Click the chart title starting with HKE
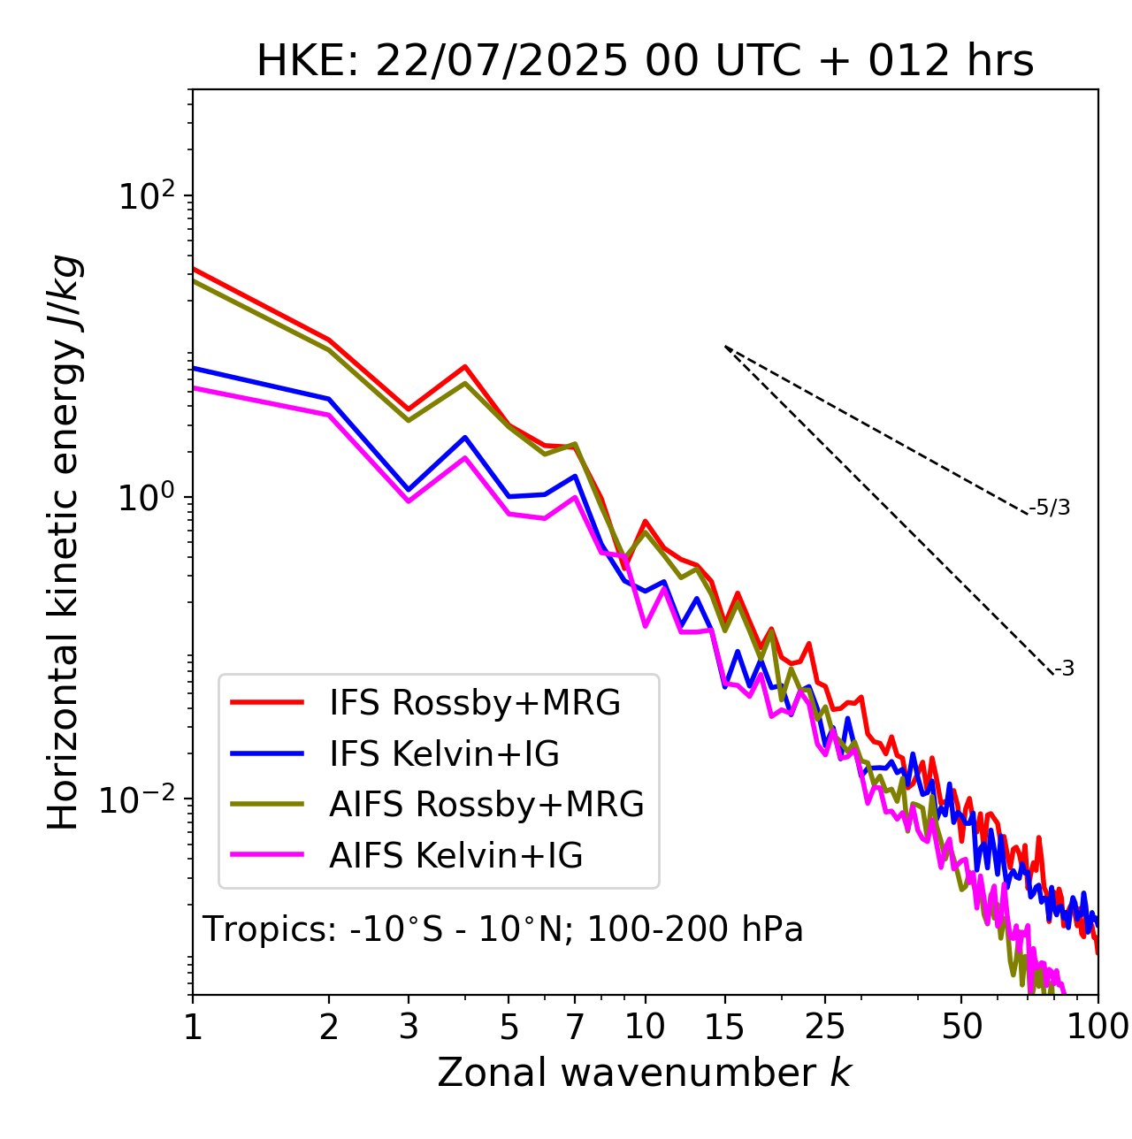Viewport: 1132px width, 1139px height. [x=645, y=62]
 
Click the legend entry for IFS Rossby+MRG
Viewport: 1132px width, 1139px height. [x=474, y=703]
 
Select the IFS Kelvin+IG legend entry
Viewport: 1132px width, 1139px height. [x=444, y=754]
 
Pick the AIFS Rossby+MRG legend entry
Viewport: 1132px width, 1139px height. [x=486, y=805]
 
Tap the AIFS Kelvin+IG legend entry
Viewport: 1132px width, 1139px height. [x=455, y=856]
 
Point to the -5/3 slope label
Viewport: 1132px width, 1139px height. [x=1050, y=508]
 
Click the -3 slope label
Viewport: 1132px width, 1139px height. [x=1064, y=669]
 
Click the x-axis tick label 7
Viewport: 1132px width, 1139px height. [x=575, y=1027]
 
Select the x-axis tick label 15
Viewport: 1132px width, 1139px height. [x=724, y=1027]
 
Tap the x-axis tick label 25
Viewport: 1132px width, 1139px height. [x=825, y=1027]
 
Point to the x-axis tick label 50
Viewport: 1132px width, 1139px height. [x=961, y=1027]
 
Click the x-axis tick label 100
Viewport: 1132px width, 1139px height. [x=1097, y=1027]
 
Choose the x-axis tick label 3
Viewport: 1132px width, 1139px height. [x=409, y=1027]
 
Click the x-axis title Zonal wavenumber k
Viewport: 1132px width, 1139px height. [x=645, y=1073]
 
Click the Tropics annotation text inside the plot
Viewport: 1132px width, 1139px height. [x=502, y=930]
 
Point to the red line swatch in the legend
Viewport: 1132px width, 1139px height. [x=267, y=703]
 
